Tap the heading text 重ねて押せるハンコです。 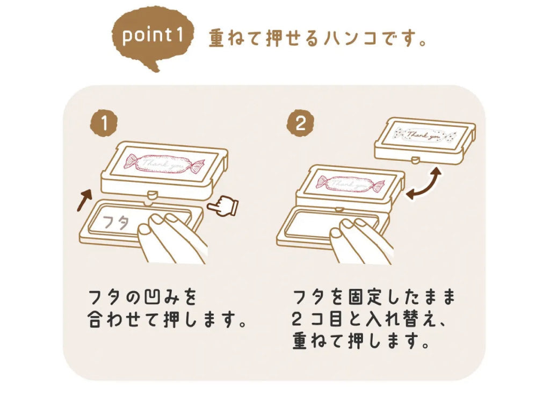tap(317, 39)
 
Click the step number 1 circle tap(104, 124)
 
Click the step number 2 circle tap(300, 124)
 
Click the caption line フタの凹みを tap(140, 297)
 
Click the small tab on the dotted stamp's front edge tap(415, 159)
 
